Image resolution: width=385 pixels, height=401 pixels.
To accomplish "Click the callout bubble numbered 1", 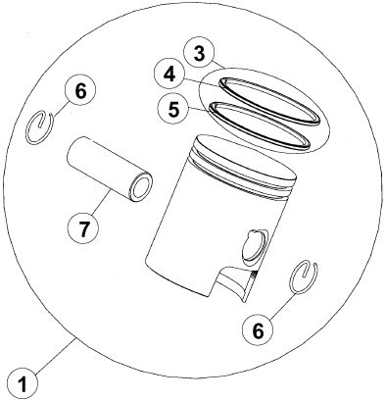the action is pyautogui.click(x=23, y=383).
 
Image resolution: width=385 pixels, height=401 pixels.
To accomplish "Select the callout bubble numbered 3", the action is pyautogui.click(x=200, y=54).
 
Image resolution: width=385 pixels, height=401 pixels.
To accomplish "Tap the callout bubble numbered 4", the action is pyautogui.click(x=169, y=75).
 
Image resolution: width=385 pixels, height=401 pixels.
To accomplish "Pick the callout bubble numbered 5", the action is pyautogui.click(x=173, y=109).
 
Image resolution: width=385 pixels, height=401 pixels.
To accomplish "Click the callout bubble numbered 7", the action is pyautogui.click(x=83, y=227).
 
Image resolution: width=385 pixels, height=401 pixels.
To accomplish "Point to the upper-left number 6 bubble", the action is pyautogui.click(x=80, y=91).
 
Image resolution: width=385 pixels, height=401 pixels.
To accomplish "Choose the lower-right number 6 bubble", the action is pyautogui.click(x=258, y=330).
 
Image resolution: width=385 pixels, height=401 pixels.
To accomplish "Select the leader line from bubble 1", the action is pyautogui.click(x=55, y=356).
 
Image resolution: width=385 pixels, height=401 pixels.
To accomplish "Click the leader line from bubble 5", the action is pyautogui.click(x=200, y=109).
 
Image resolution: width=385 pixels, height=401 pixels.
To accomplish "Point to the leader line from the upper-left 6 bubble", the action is pyautogui.click(x=60, y=111).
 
